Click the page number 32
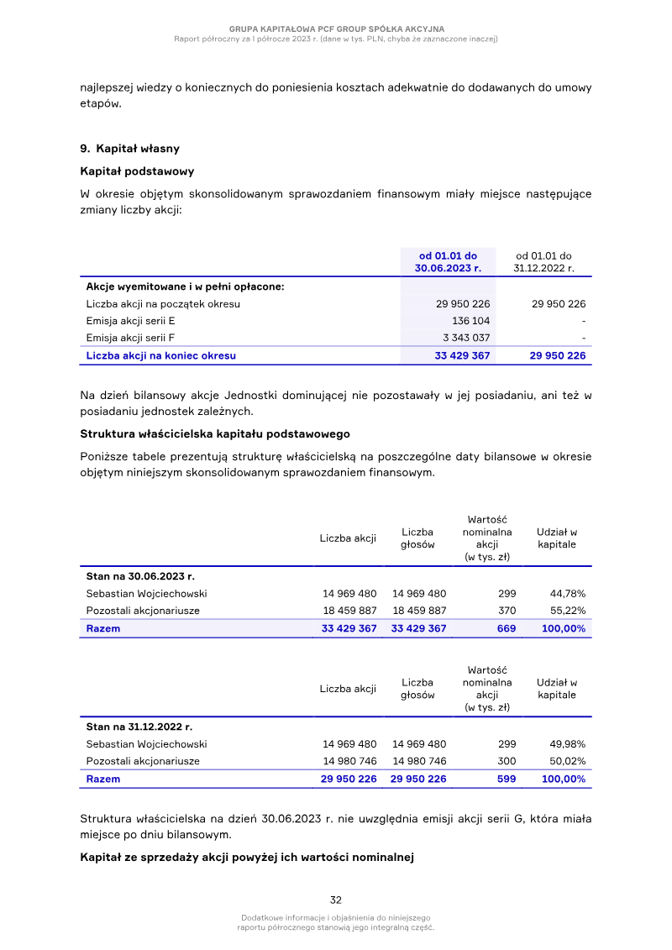coord(335,900)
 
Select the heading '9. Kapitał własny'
coord(129,149)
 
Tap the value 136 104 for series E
coord(470,321)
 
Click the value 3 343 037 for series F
coord(466,338)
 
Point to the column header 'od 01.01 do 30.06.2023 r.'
coord(448,262)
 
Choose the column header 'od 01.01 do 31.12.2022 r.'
coord(543,262)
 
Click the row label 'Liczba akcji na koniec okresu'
coord(160,355)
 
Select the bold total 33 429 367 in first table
coord(462,355)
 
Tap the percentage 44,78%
coord(567,594)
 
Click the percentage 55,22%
coord(567,611)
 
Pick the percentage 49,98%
coord(567,744)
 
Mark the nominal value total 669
coord(507,628)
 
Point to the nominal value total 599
coord(507,779)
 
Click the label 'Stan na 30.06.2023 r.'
coord(140,577)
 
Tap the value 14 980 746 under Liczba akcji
coord(349,761)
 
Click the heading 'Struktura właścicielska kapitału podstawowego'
coord(214,434)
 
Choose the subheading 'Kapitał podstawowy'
coord(137,171)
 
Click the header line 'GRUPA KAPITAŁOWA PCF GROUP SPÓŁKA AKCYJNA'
coord(336,29)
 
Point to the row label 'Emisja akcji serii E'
coord(130,321)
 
